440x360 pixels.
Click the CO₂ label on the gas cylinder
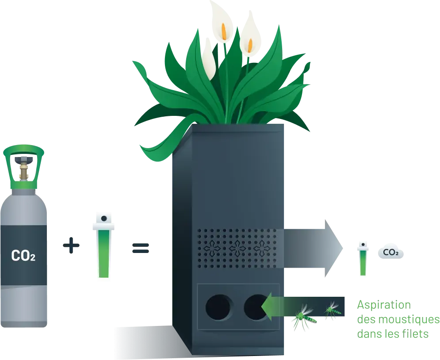[x=23, y=255]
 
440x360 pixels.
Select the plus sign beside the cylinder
[x=71, y=246]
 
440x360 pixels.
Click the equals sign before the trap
[x=141, y=248]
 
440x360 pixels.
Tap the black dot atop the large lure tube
[x=104, y=218]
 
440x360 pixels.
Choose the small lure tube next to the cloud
[x=363, y=261]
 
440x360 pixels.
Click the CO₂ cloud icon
[x=390, y=253]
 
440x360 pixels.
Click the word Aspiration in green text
[x=384, y=306]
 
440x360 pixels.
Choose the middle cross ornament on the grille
[x=237, y=249]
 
